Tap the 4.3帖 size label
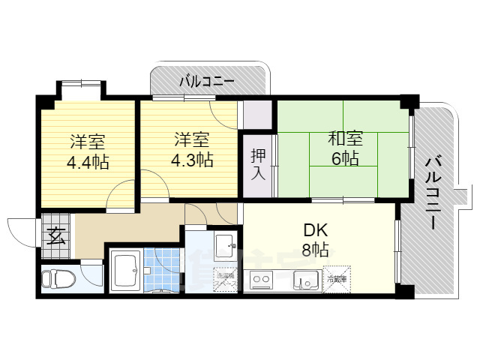click(193, 160)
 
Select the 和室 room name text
click(345, 139)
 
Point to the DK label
click(314, 229)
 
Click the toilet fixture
click(58, 278)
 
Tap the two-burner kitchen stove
click(262, 281)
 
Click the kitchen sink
click(306, 281)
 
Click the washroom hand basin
click(224, 244)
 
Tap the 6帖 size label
click(345, 159)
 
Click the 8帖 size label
click(314, 250)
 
